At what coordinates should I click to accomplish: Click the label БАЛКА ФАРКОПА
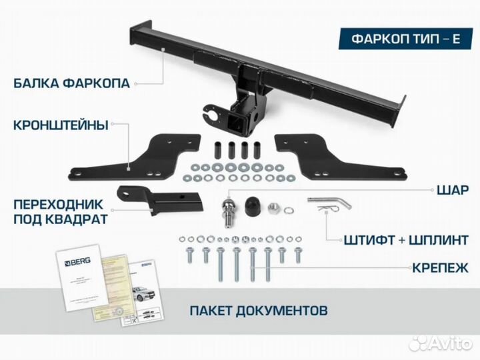(x=72, y=84)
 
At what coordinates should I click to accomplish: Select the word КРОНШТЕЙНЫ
(x=60, y=124)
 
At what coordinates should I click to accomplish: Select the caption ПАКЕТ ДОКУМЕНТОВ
(x=258, y=311)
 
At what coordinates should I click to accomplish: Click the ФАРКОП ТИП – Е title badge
(x=405, y=38)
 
